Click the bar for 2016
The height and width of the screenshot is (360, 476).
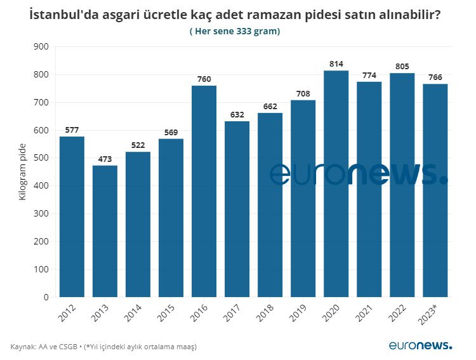click(204, 191)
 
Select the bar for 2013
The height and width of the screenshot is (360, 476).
click(105, 231)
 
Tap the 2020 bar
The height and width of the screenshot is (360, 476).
click(336, 183)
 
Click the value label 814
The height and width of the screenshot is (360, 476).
click(336, 64)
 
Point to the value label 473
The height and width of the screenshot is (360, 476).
click(105, 159)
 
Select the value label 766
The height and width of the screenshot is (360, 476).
click(435, 77)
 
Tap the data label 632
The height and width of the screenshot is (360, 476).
click(237, 115)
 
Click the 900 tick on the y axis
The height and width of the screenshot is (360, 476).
click(41, 47)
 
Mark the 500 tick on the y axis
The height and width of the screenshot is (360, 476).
click(41, 158)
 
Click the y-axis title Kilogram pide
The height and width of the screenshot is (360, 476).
click(23, 172)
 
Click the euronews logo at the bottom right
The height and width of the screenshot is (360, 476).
click(421, 345)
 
